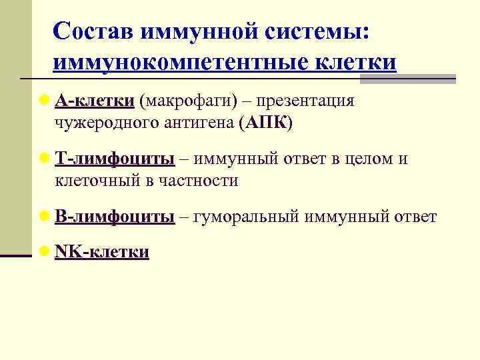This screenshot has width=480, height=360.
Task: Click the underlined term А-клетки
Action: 95,101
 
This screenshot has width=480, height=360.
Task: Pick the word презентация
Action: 305,101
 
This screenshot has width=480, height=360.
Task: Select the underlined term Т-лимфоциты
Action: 115,159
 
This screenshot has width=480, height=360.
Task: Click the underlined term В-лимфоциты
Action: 115,217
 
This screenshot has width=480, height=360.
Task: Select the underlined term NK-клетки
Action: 102,252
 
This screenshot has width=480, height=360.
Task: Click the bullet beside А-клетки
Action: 45,101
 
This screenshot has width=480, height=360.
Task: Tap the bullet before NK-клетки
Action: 45,252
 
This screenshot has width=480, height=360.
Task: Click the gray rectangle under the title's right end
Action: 407,79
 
